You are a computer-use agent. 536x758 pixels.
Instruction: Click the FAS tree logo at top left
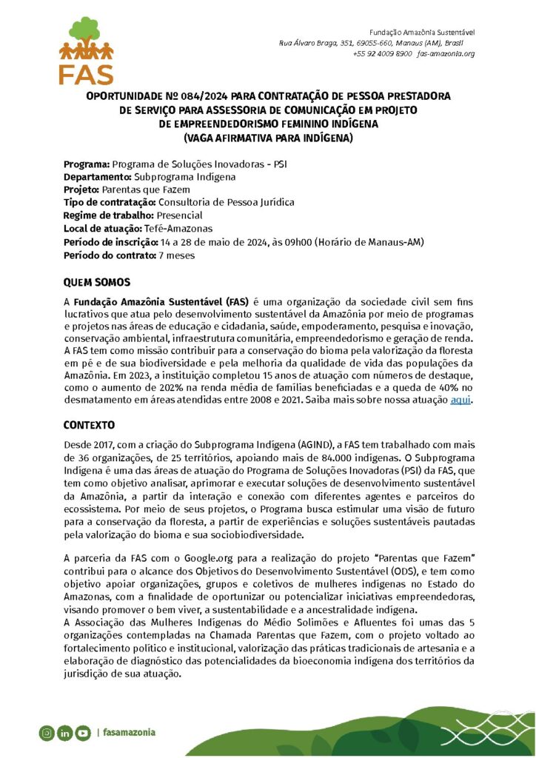pyautogui.click(x=87, y=50)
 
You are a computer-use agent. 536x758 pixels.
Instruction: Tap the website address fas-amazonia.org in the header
pyautogui.click(x=446, y=54)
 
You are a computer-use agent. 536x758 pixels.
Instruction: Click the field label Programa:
pyautogui.click(x=86, y=163)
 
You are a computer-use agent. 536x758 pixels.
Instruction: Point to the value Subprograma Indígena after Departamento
pyautogui.click(x=185, y=176)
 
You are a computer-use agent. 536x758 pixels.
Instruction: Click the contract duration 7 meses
pyautogui.click(x=176, y=255)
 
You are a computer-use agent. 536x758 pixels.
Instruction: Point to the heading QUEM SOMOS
pyautogui.click(x=96, y=283)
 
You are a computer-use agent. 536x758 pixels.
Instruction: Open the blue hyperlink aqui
pyautogui.click(x=460, y=400)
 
